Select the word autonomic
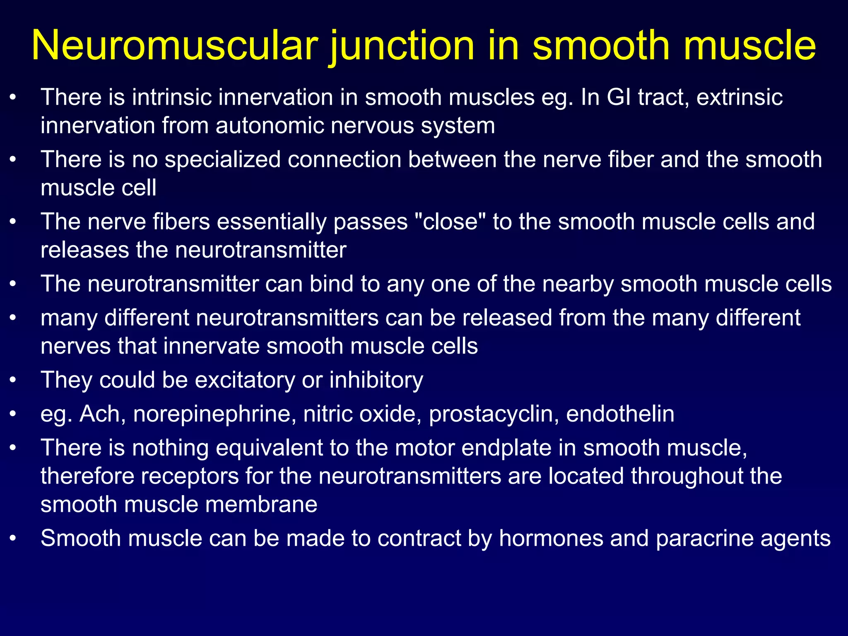pyautogui.click(x=269, y=125)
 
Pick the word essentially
pyautogui.click(x=272, y=222)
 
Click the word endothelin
pyautogui.click(x=620, y=414)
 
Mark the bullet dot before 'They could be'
pyautogui.click(x=13, y=380)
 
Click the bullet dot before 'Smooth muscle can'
pyautogui.click(x=13, y=538)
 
